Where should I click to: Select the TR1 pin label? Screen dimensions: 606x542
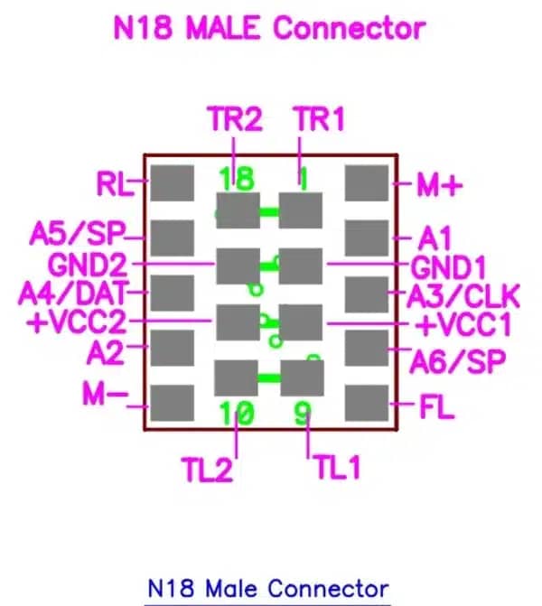click(319, 119)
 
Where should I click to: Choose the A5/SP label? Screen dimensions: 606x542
click(76, 237)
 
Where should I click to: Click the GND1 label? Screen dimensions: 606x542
click(449, 267)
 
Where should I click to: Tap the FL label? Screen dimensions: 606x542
click(436, 407)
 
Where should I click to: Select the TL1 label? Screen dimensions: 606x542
click(337, 467)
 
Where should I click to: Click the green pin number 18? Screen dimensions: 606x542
click(237, 178)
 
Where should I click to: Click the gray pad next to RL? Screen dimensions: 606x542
click(171, 183)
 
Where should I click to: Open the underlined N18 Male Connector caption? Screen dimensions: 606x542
click(267, 588)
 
